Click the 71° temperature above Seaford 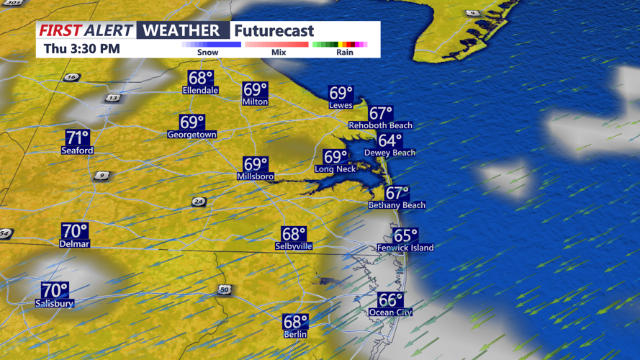point(77,138)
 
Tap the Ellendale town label point(200,91)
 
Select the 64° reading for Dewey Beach point(389,141)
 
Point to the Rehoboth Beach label point(381,125)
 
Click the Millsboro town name point(256,176)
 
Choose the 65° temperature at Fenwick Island point(405,236)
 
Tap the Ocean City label point(392,312)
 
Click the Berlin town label point(295,334)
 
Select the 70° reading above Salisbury point(55,291)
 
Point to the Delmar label point(74,244)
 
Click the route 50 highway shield point(224,289)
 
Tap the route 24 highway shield point(199,202)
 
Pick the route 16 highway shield point(71,78)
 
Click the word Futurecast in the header point(274,30)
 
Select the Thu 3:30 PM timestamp point(81,49)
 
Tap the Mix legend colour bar point(277,45)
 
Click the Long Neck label point(335,169)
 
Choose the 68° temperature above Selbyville point(294,234)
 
